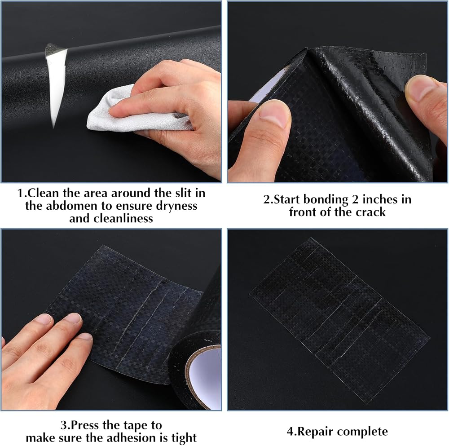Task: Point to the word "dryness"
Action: (176, 206)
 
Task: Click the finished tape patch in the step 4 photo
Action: (339, 320)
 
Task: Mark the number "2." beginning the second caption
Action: (269, 200)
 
